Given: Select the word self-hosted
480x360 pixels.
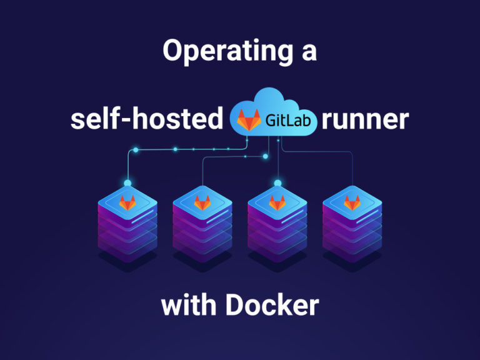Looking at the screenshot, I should coord(147,119).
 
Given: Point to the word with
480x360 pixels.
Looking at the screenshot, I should coord(189,306).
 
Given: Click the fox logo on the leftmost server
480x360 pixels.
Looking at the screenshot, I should coord(127,202).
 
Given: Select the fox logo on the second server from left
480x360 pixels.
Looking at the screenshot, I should coord(202,202).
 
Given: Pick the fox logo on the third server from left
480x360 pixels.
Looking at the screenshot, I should coord(277,202).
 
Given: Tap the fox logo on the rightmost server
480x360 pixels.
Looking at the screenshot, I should coord(352,202).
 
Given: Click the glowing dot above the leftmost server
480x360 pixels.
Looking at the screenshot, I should coord(127,183).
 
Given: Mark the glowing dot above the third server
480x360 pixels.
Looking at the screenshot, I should coord(277,183).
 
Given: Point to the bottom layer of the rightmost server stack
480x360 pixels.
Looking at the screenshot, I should coord(352,250).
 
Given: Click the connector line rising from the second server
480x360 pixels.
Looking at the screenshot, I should coord(202,172).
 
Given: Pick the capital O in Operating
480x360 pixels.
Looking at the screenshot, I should coord(173,52).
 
